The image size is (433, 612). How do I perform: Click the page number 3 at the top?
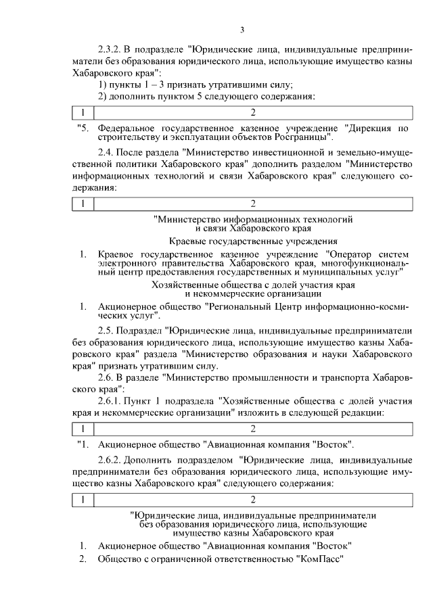click(x=242, y=30)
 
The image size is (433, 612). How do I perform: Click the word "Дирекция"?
click(x=371, y=127)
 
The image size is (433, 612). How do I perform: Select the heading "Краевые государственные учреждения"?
click(x=253, y=241)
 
